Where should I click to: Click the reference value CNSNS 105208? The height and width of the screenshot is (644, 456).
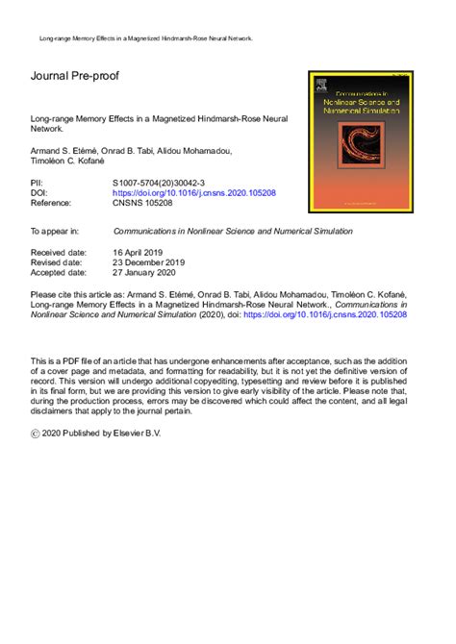145,204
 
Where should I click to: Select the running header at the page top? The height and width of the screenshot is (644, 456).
145,38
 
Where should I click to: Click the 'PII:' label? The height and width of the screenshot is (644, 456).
39,182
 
